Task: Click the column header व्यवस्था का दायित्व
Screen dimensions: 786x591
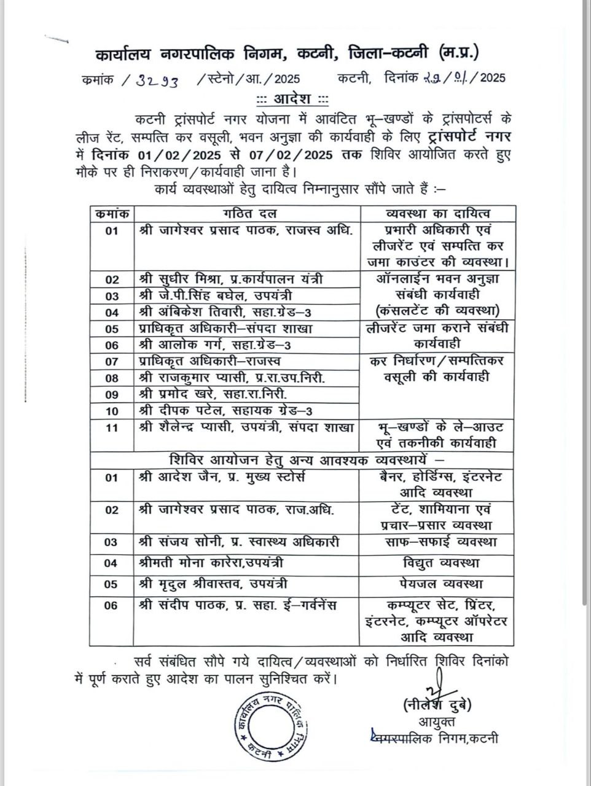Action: coord(437,214)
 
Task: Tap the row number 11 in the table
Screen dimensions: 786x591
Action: coord(111,428)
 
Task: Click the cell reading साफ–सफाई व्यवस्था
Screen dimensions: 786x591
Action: coord(437,542)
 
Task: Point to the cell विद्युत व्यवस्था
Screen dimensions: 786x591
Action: coord(437,562)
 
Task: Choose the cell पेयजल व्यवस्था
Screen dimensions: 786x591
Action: coord(437,583)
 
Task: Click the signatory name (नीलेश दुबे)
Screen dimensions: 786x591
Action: coord(437,704)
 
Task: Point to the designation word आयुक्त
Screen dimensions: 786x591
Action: coord(437,721)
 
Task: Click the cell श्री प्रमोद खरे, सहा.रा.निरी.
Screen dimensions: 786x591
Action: coord(213,394)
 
